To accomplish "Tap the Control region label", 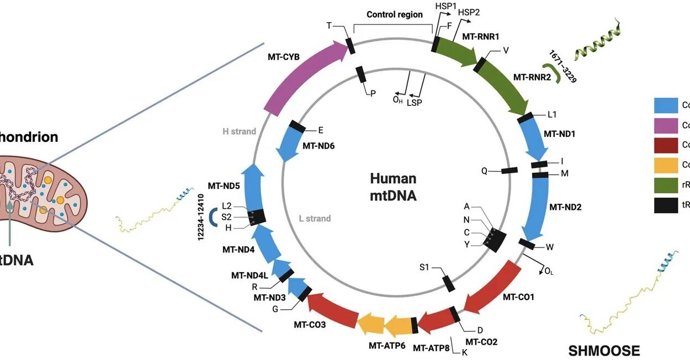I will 395,15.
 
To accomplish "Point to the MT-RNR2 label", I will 532,77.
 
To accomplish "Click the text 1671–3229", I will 562,66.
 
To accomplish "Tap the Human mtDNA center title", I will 393,187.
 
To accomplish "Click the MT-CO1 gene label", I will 518,298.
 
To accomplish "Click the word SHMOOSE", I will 604,351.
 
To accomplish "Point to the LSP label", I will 415,103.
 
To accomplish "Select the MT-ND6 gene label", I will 319,146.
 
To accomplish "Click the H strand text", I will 239,131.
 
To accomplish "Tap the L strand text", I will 315,219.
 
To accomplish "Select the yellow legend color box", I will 666,165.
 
